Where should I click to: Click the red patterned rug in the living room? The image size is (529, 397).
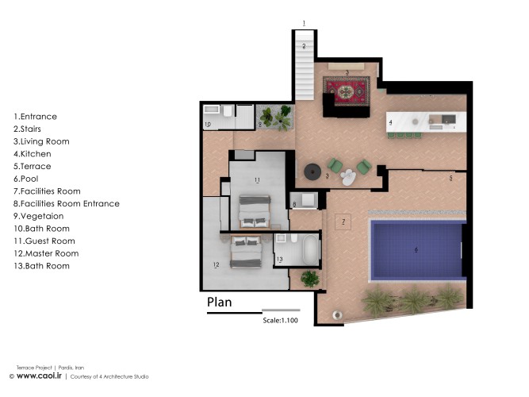[347, 92]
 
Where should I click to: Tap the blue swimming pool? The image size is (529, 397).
[416, 249]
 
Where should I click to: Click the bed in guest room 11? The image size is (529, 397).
[255, 210]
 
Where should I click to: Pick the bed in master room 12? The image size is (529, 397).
[247, 252]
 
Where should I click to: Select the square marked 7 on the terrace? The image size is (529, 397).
[343, 222]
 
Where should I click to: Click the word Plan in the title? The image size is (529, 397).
[220, 302]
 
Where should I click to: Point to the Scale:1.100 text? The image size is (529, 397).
[281, 322]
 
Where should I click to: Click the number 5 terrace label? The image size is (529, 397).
[450, 179]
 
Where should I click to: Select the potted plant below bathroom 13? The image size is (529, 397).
[309, 278]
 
